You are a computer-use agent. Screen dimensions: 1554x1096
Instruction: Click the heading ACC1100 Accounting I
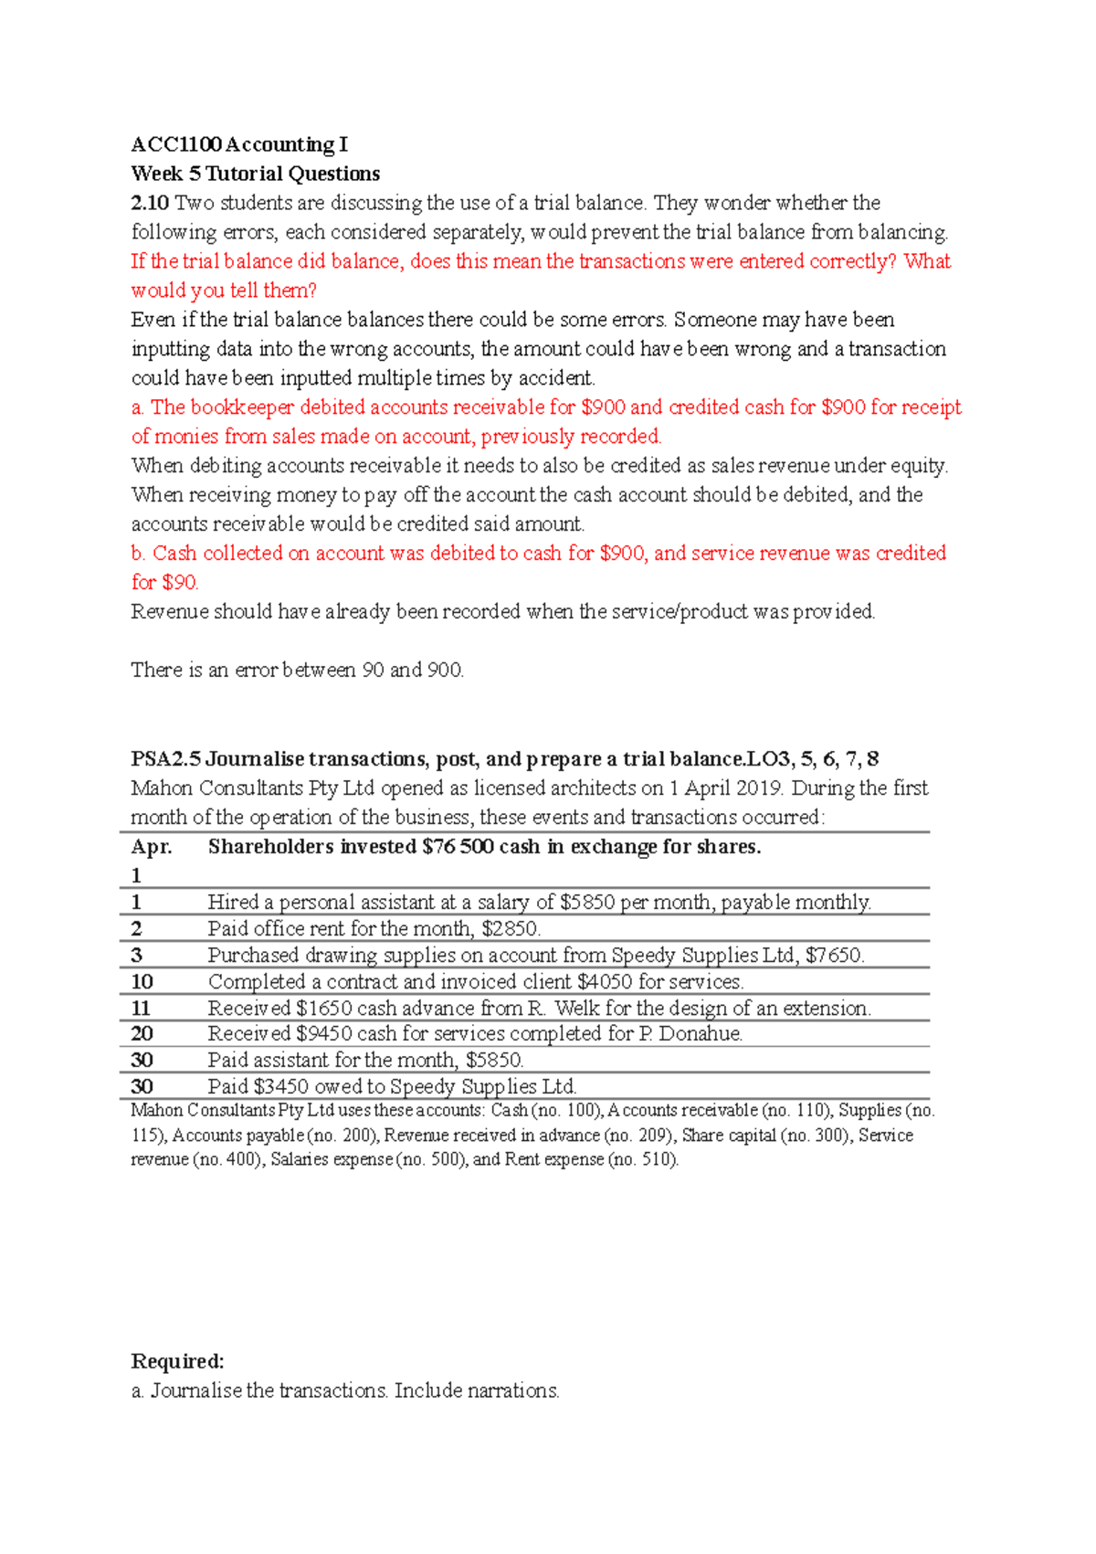(x=239, y=144)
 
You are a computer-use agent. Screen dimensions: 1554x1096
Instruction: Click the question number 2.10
(x=150, y=203)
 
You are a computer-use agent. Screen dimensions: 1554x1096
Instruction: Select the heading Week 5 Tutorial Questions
(x=255, y=174)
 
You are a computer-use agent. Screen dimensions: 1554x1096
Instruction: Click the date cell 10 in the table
(x=142, y=982)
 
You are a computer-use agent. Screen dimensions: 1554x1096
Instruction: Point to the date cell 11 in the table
(x=141, y=1009)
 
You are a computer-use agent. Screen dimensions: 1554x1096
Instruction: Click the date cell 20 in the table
(x=142, y=1034)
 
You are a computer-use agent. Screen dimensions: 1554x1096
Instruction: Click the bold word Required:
(x=177, y=1361)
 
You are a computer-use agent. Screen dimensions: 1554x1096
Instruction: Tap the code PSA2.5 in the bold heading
(x=165, y=759)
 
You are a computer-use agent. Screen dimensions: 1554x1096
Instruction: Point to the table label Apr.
(x=151, y=847)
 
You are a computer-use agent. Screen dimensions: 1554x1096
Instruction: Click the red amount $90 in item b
(x=179, y=583)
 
